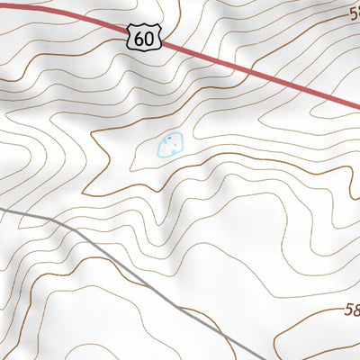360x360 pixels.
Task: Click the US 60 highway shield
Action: pyautogui.click(x=144, y=37)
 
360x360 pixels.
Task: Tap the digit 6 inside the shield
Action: pyautogui.click(x=139, y=39)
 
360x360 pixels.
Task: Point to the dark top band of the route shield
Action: pyautogui.click(x=144, y=27)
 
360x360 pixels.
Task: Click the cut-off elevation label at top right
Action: pyautogui.click(x=355, y=14)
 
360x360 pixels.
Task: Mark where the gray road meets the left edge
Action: pyautogui.click(x=1, y=209)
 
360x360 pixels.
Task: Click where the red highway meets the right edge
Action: pyautogui.click(x=358, y=107)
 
